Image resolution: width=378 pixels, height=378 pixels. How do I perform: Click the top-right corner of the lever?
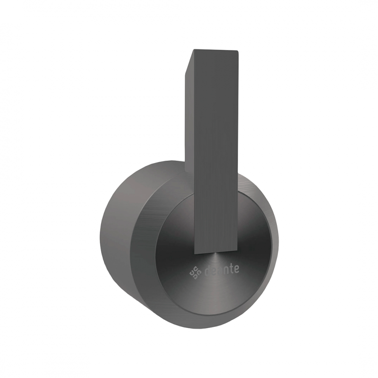(x=239, y=51)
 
